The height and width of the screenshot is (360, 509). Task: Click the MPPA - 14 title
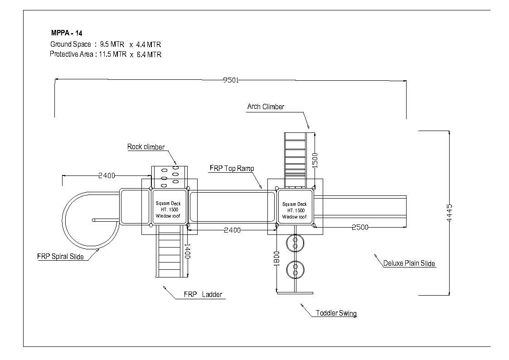tap(67, 33)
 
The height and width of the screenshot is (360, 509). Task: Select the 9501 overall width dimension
tap(231, 80)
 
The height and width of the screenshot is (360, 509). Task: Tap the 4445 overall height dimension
tap(449, 213)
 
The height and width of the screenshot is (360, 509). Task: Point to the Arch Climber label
tap(266, 107)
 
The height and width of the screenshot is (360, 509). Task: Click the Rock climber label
tap(146, 147)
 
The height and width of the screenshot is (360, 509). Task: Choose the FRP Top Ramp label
tap(232, 168)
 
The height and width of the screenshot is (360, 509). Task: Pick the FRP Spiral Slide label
tap(60, 257)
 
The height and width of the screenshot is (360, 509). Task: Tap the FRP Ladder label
tap(203, 294)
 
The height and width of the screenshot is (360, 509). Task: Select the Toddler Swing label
tap(336, 313)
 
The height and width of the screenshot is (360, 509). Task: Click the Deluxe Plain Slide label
tap(409, 263)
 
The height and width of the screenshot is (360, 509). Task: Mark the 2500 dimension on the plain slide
tap(360, 227)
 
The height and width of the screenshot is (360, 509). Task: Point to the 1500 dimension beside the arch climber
tap(315, 161)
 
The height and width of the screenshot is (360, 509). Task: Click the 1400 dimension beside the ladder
tap(187, 251)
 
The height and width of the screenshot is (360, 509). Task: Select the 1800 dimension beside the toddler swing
tap(276, 259)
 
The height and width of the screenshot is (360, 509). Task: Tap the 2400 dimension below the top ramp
tap(233, 230)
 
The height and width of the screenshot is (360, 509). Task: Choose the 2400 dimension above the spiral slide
tap(107, 175)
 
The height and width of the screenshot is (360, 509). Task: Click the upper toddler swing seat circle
tap(296, 243)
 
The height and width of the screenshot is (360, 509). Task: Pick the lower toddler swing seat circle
tap(296, 269)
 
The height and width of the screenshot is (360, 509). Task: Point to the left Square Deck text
tap(168, 204)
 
